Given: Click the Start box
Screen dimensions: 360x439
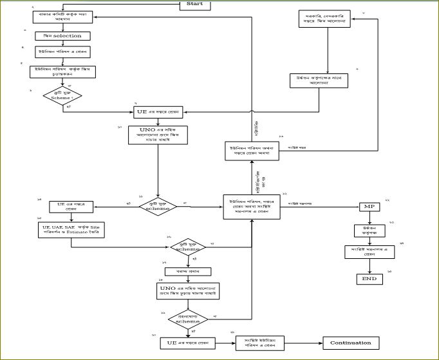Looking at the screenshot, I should coord(194,5).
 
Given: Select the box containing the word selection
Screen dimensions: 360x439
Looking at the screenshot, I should coord(62,35).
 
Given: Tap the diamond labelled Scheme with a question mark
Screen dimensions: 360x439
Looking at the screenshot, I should coord(62,95).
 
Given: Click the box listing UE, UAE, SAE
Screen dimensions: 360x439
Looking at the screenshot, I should coord(71,230).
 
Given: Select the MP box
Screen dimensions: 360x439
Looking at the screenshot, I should coord(369,207).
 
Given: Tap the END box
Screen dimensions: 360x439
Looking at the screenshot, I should coord(369,279).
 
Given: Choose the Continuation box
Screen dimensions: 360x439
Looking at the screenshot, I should coord(351,343).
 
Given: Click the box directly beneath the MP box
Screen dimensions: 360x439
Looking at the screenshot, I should coord(369,230).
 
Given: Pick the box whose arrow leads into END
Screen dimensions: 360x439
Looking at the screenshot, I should coord(369,252).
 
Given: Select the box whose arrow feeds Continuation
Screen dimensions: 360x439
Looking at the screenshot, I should coord(255,343).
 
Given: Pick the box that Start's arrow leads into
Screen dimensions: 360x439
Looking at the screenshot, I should coord(62,15).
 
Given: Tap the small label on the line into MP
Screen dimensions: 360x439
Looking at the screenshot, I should coord(306,203).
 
